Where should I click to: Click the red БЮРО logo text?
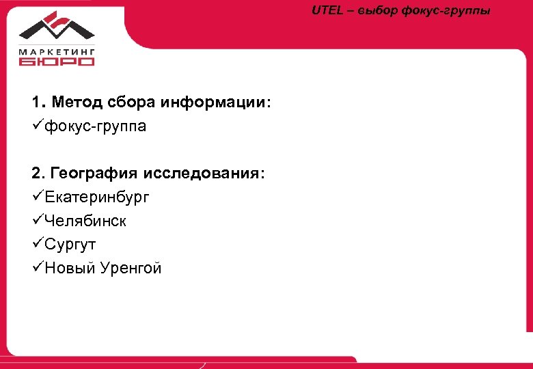(x=57, y=61)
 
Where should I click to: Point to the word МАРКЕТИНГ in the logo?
(x=57, y=51)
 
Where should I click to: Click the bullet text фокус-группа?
(x=96, y=127)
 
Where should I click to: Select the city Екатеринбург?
(x=97, y=197)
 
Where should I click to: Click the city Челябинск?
(x=85, y=221)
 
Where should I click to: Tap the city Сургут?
(x=71, y=245)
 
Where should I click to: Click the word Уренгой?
(x=130, y=269)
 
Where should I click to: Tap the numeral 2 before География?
(x=35, y=174)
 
